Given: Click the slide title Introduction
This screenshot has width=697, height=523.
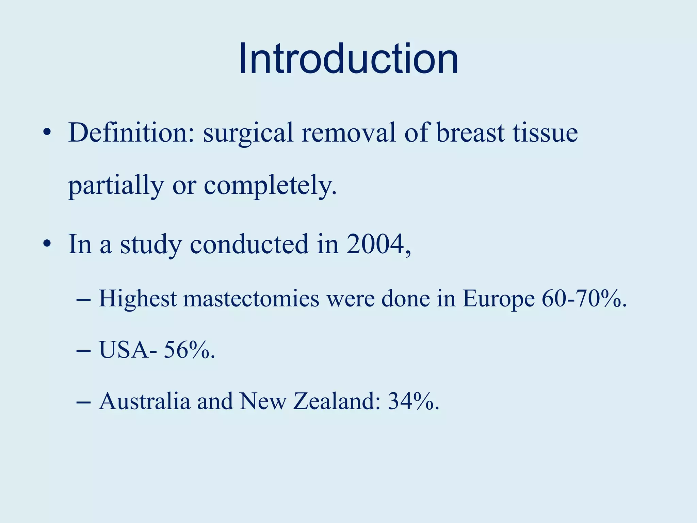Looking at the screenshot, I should coord(348,59).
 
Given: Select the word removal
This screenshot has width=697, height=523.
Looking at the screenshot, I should coord(349,133).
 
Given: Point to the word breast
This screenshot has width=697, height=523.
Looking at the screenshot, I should coord(470,133).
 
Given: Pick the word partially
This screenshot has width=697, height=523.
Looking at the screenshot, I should coord(116,186).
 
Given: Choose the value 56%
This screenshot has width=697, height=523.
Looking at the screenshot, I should coord(189,350).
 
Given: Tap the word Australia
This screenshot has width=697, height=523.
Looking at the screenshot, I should coord(144,401).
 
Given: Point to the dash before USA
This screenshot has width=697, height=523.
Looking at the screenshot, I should coord(84,351).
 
